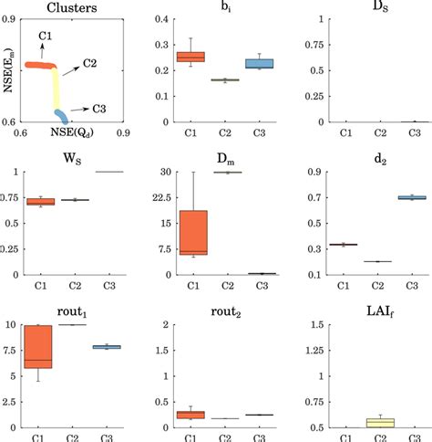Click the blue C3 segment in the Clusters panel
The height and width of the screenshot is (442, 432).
[60, 116]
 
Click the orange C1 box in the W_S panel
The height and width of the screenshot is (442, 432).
[41, 202]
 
